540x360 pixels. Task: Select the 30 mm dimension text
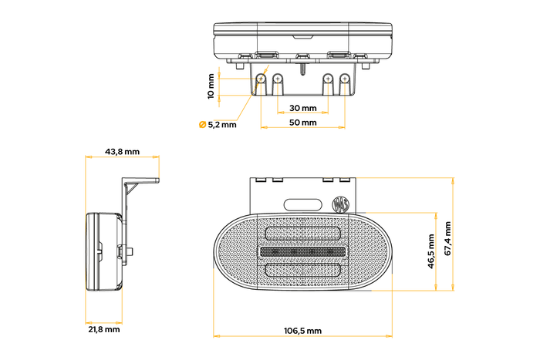(x=303, y=108)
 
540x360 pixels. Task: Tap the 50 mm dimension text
(x=303, y=123)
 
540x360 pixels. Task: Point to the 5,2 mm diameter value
(x=223, y=124)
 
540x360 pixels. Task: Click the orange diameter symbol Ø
(x=202, y=124)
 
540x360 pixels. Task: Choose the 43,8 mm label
(x=122, y=152)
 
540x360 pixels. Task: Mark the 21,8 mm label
(x=103, y=329)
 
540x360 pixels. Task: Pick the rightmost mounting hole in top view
(x=344, y=79)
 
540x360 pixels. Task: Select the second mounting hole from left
(x=278, y=79)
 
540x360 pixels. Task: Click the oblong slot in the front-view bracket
(x=303, y=204)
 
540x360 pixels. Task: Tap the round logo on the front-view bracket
(x=340, y=204)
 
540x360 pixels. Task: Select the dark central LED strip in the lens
(x=303, y=252)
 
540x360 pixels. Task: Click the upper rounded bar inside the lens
(x=303, y=234)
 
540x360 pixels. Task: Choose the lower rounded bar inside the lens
(x=303, y=270)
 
